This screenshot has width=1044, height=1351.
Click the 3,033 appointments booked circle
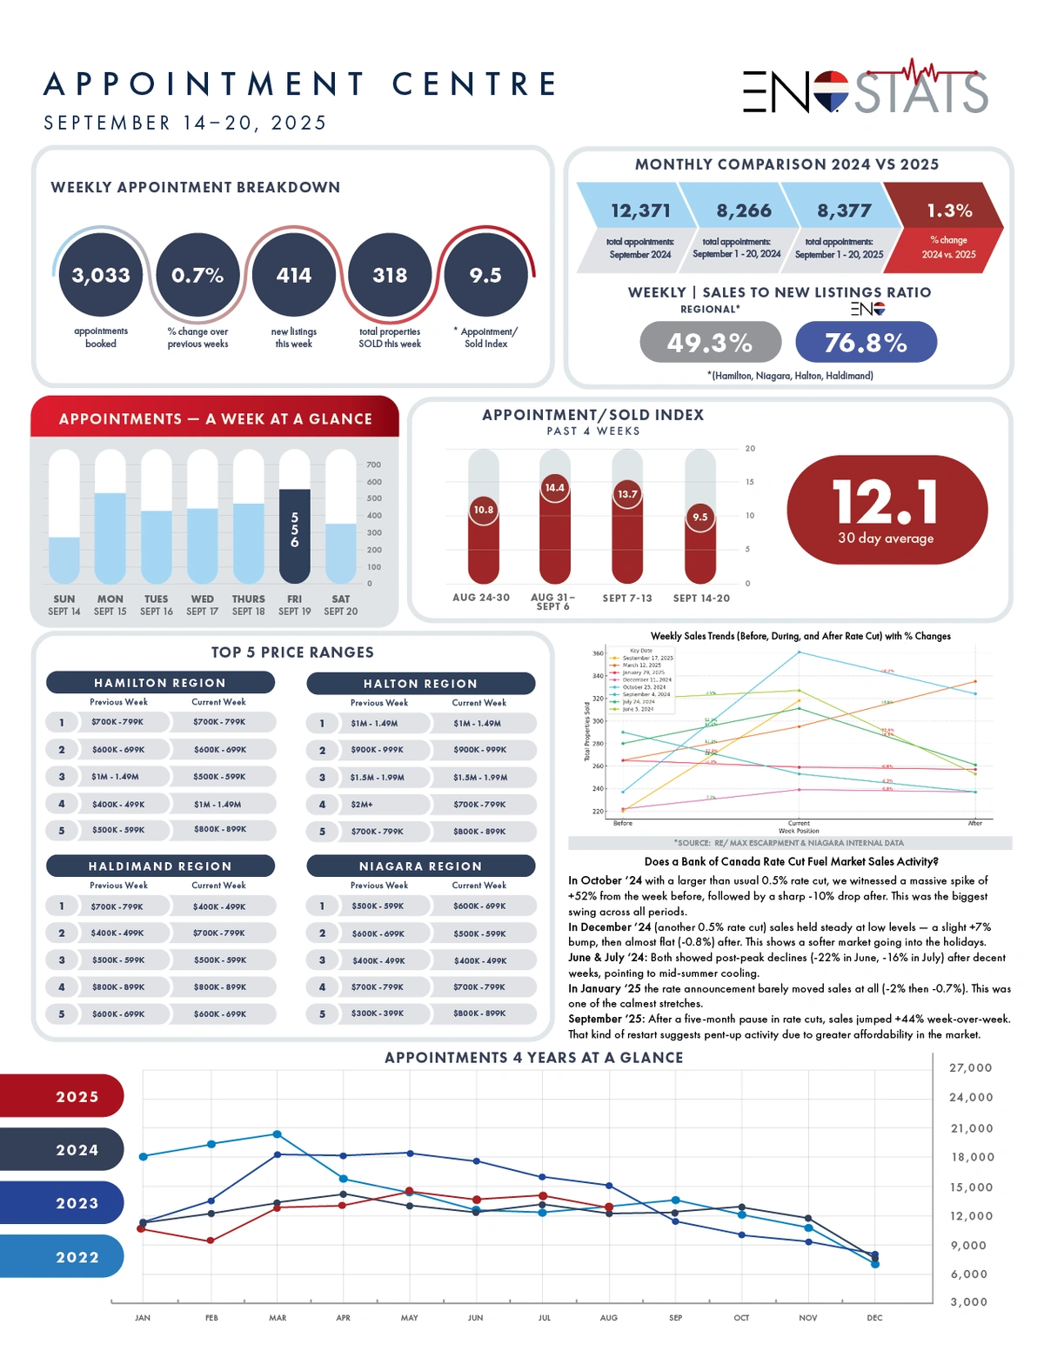coord(101,275)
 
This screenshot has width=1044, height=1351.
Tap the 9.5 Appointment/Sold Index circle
coord(485,275)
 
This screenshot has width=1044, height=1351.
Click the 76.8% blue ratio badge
coord(866,342)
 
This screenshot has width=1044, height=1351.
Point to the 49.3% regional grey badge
coord(710,342)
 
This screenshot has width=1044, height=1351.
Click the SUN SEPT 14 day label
coord(64,605)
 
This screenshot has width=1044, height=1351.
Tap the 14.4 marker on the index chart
coord(554,487)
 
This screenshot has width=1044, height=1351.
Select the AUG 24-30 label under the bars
coord(481,598)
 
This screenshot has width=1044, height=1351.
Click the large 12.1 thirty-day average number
coord(886,502)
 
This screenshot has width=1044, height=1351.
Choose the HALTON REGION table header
coord(420,684)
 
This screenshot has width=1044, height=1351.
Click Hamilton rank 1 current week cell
coord(219,722)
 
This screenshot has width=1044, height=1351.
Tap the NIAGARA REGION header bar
coord(420,866)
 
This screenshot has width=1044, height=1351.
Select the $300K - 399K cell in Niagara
coord(378,1013)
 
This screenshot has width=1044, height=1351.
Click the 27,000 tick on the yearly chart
coord(970,1067)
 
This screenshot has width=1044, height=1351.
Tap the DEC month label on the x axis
coord(874,1318)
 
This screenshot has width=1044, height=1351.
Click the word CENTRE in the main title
coord(474,84)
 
